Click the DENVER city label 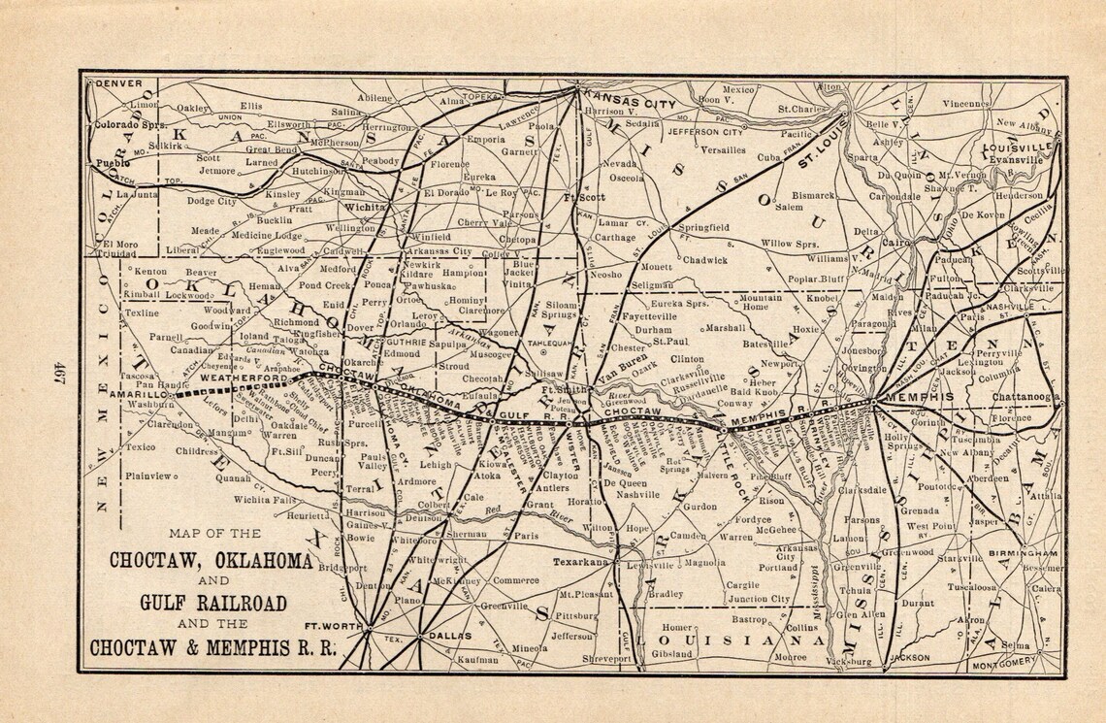pos(115,83)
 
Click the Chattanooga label pos(1025,396)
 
